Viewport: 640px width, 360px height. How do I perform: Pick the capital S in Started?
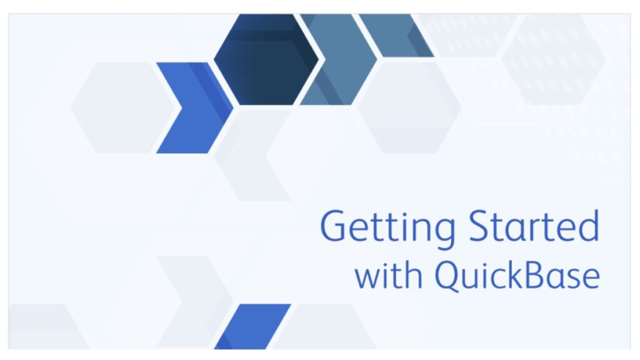click(x=480, y=226)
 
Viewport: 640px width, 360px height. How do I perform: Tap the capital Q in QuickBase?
click(x=448, y=276)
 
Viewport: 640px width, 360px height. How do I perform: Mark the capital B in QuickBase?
click(x=539, y=275)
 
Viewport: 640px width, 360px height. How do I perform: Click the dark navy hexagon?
click(x=266, y=59)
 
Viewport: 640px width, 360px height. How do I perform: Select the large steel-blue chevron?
click(x=341, y=59)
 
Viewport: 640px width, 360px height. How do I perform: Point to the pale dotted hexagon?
click(x=554, y=59)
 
